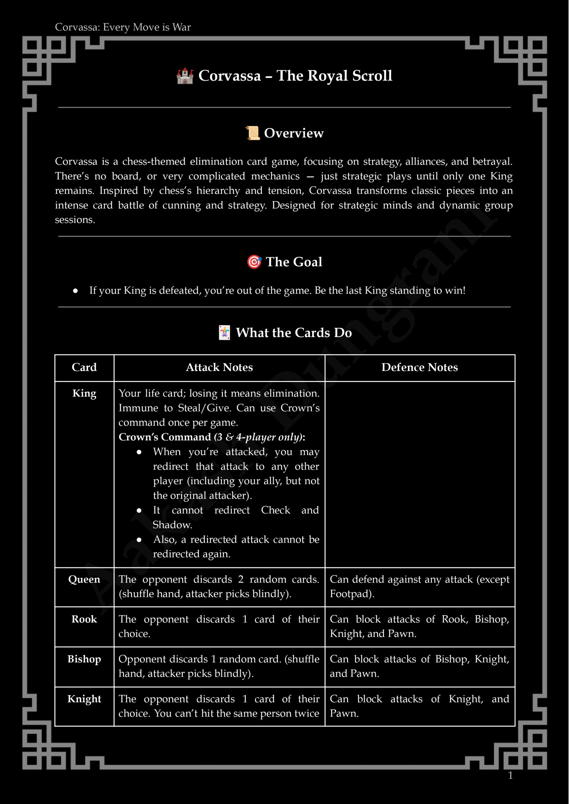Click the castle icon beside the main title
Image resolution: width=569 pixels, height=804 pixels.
click(185, 76)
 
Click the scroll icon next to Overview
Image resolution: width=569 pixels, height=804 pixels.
click(252, 133)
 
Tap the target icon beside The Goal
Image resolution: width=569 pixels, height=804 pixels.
click(254, 262)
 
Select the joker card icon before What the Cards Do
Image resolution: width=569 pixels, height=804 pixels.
click(224, 333)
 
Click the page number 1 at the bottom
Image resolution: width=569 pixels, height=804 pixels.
click(510, 775)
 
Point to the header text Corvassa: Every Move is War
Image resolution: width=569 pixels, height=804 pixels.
click(123, 27)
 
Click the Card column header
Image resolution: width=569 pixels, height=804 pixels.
click(84, 367)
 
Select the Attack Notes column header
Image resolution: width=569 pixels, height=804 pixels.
click(219, 367)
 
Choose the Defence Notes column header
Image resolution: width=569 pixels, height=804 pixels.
click(420, 367)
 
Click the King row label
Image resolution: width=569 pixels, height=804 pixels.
click(84, 393)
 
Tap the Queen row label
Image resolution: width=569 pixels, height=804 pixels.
click(84, 579)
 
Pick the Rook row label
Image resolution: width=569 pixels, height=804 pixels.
click(84, 619)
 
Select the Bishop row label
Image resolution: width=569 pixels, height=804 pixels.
click(84, 659)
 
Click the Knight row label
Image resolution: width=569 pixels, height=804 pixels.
click(84, 699)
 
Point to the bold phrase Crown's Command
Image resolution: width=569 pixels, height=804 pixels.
click(165, 437)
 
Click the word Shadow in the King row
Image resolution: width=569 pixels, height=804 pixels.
click(172, 525)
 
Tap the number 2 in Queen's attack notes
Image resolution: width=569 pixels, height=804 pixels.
click(241, 579)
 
